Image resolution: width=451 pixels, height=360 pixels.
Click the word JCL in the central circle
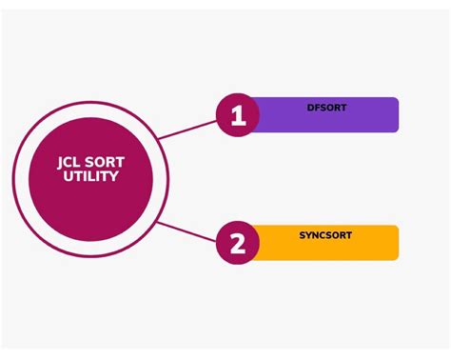(69, 163)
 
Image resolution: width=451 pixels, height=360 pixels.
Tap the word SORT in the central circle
(105, 162)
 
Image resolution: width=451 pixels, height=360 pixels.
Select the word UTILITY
(90, 176)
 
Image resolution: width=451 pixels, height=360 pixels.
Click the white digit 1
(238, 115)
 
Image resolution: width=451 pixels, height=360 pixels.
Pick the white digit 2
(238, 244)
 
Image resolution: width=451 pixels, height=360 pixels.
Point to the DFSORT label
(326, 108)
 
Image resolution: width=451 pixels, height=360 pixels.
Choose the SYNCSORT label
(325, 235)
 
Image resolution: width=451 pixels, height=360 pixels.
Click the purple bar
(326, 114)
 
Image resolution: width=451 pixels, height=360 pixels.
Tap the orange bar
(326, 243)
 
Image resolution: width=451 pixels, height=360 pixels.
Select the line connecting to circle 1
(187, 130)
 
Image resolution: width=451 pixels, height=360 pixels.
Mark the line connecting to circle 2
(187, 231)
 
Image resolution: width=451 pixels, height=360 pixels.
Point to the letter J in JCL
(60, 163)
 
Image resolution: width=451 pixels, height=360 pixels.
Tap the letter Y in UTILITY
(113, 176)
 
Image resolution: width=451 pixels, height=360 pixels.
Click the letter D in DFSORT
(310, 108)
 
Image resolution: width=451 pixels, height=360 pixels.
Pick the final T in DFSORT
(343, 108)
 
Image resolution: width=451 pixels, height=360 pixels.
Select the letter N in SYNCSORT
(316, 235)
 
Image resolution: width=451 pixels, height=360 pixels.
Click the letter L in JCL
(77, 163)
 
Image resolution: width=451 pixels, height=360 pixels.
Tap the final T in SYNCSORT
(348, 235)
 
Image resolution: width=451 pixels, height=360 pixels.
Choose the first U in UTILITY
(68, 176)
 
